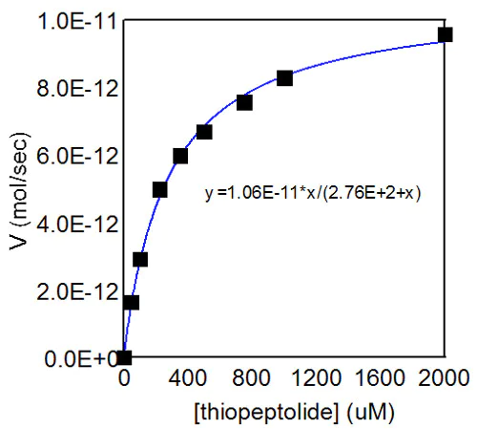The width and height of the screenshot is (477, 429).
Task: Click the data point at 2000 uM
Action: [446, 34]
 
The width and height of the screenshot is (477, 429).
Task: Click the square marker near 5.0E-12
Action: [159, 189]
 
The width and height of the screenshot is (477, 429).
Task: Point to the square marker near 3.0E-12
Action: [140, 259]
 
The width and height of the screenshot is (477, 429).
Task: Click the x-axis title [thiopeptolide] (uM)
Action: [285, 411]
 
